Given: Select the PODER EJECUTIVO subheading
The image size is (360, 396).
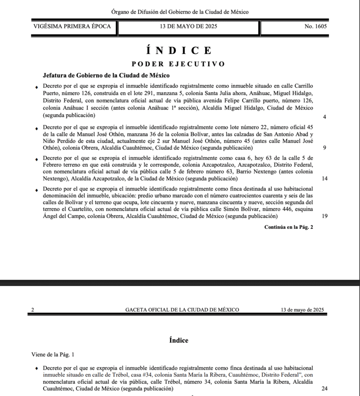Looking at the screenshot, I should tap(178, 64).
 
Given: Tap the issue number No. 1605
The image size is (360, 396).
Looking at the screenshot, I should tap(315, 26).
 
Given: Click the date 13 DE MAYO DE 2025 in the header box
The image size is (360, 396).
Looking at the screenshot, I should tap(188, 26).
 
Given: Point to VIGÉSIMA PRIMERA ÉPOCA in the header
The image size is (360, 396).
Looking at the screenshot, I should tap(72, 26).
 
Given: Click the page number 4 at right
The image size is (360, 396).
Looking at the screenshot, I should tap(324, 117).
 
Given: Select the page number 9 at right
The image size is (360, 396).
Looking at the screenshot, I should tap(324, 148).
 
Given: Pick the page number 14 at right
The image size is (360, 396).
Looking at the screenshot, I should tap(324, 178).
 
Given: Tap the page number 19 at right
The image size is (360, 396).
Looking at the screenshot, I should tap(324, 216).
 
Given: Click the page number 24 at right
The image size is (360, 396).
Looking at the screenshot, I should tap(324, 388).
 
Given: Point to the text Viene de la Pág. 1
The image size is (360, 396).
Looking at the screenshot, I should tap(53, 355).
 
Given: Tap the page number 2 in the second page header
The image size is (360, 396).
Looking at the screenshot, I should tap(33, 310).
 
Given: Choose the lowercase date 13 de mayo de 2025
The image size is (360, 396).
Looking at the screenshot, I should tap(302, 310).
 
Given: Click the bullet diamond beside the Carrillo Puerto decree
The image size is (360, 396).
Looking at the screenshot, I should tap(37, 86).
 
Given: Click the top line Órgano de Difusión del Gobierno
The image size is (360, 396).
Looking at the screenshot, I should tap(180, 12).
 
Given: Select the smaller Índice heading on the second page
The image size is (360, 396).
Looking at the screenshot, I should tap(179, 340).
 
